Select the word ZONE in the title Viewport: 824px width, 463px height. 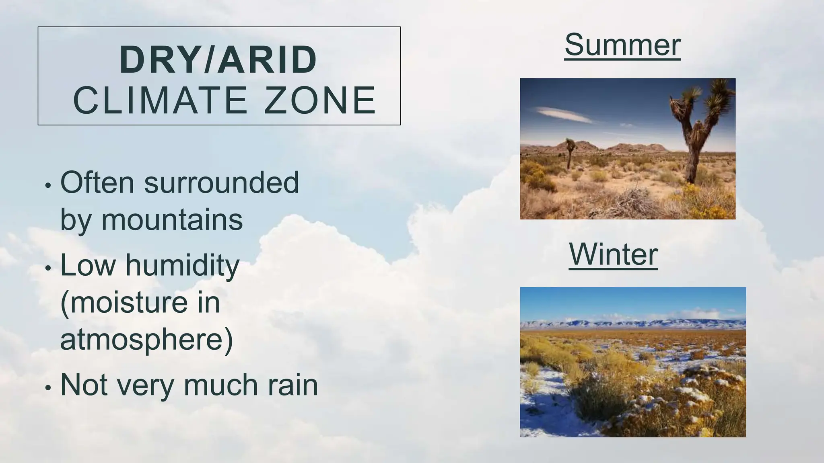click(320, 100)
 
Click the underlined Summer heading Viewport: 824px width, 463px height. click(622, 45)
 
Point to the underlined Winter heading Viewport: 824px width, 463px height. click(613, 254)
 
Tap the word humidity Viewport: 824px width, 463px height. click(182, 266)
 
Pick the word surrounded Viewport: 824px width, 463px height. click(221, 183)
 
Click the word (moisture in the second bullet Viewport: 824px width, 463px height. click(124, 303)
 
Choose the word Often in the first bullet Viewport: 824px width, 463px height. click(97, 183)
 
